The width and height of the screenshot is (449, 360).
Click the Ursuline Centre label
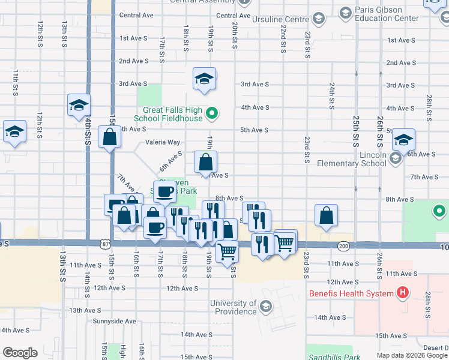pyautogui.click(x=284, y=19)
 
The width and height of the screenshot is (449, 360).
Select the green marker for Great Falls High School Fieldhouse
pyautogui.click(x=211, y=113)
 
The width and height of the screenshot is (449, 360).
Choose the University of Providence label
pyautogui.click(x=234, y=308)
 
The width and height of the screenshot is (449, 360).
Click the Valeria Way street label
pyautogui.click(x=163, y=142)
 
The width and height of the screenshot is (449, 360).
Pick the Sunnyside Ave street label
pyautogui.click(x=114, y=321)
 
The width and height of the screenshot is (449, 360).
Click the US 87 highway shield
pyautogui.click(x=106, y=244)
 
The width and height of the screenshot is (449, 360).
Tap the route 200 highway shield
pyautogui.click(x=343, y=245)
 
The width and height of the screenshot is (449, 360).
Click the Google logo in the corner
pyautogui.click(x=20, y=353)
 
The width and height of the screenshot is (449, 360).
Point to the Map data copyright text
pyautogui.click(x=412, y=355)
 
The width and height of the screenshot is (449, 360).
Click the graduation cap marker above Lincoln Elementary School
pyautogui.click(x=404, y=140)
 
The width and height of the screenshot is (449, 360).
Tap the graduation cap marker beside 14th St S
pyautogui.click(x=79, y=106)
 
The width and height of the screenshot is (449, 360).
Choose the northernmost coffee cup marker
pyautogui.click(x=165, y=191)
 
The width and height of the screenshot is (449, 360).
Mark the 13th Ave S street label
pyautogui.click(x=84, y=310)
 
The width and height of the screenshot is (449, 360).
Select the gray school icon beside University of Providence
pyautogui.click(x=265, y=308)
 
